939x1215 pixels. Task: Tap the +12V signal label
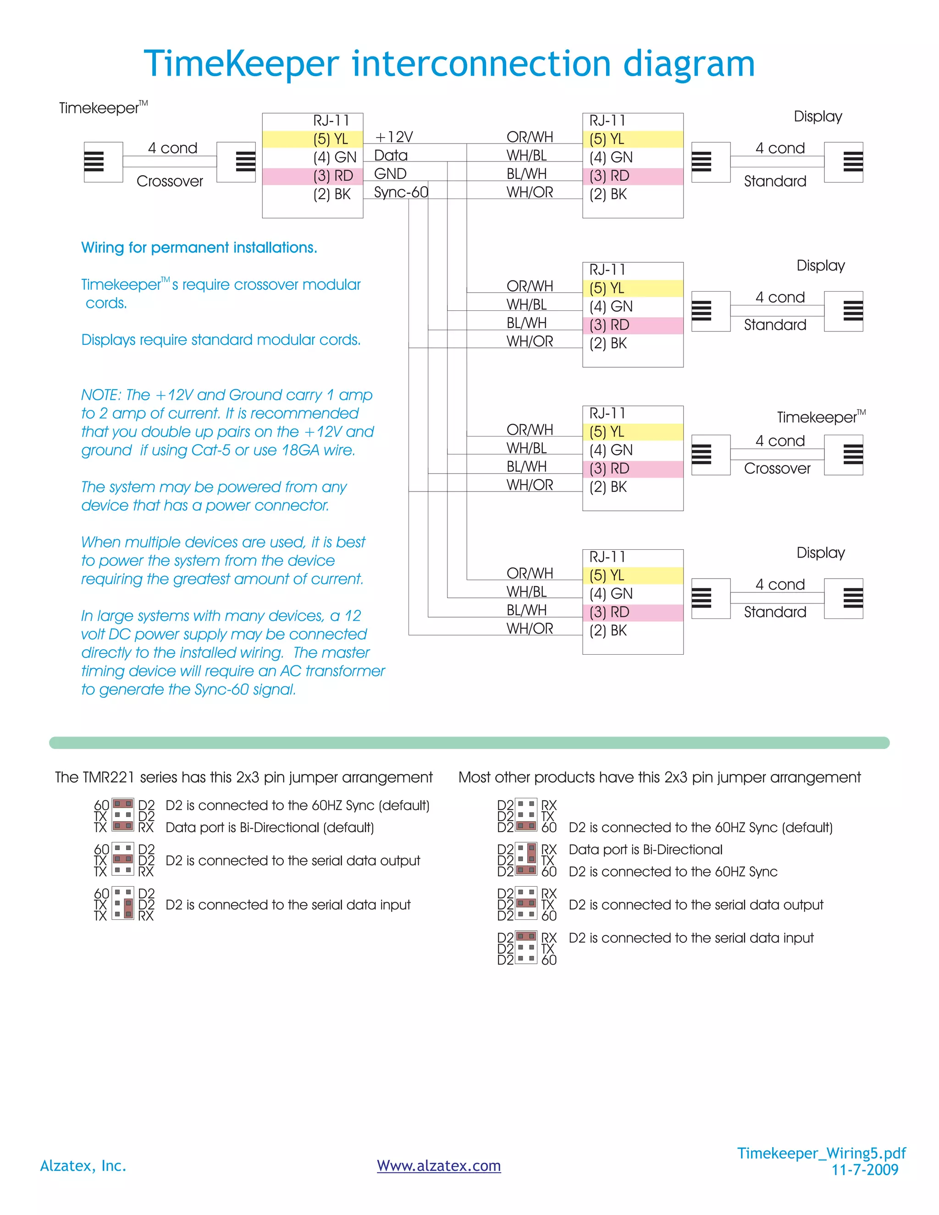coord(394,137)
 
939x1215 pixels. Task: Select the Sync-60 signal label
coord(401,193)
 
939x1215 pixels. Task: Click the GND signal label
coord(390,174)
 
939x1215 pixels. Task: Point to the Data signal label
coord(391,156)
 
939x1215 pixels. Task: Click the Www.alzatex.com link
coord(438,1165)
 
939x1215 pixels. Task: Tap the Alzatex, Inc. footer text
coord(83,1165)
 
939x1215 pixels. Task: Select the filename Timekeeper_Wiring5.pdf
coord(821,1153)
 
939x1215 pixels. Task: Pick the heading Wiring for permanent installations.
coord(199,248)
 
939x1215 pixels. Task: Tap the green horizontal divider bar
coord(469,743)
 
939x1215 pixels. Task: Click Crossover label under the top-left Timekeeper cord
coord(170,182)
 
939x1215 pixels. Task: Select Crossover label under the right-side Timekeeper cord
coord(777,469)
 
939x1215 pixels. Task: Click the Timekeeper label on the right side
coord(816,417)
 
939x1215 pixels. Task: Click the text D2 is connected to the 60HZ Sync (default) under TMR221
coord(297,806)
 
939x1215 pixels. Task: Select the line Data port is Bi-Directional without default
coord(645,850)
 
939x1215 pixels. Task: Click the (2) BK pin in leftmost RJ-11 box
coord(331,194)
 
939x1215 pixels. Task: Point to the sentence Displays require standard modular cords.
coord(221,340)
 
